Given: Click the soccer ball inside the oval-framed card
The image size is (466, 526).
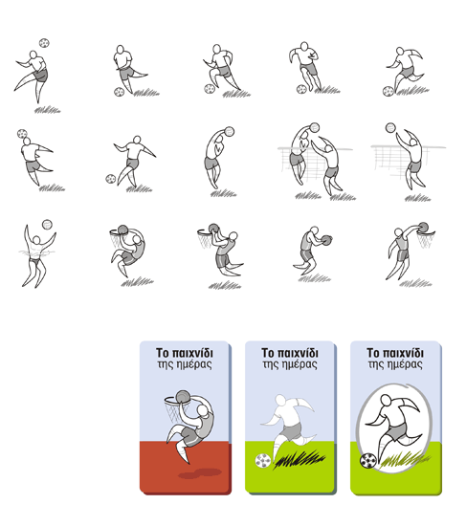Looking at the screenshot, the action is coord(368,461).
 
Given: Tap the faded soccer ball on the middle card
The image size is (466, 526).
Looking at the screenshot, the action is coord(263,461).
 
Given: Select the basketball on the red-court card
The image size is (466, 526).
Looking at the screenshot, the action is coord(184,397).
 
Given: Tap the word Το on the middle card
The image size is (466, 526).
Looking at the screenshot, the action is coord(268,353).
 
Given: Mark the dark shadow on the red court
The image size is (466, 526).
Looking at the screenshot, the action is coord(200,473).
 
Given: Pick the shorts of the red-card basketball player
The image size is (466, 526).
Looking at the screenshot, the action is coord(190,436).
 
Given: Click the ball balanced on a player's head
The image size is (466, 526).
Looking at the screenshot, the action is coord(22,134).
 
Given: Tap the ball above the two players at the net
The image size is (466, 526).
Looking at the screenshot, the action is coord(315,127).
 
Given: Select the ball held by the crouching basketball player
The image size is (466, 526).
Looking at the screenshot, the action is coord(326,240).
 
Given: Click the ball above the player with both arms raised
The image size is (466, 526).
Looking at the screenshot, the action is coord(47,225).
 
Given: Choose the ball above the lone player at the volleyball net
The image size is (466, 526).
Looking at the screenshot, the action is coord(390,127).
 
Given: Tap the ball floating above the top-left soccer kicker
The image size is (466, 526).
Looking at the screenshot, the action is coord(44,43).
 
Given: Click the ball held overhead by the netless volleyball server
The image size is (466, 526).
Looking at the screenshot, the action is coord(230,131).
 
